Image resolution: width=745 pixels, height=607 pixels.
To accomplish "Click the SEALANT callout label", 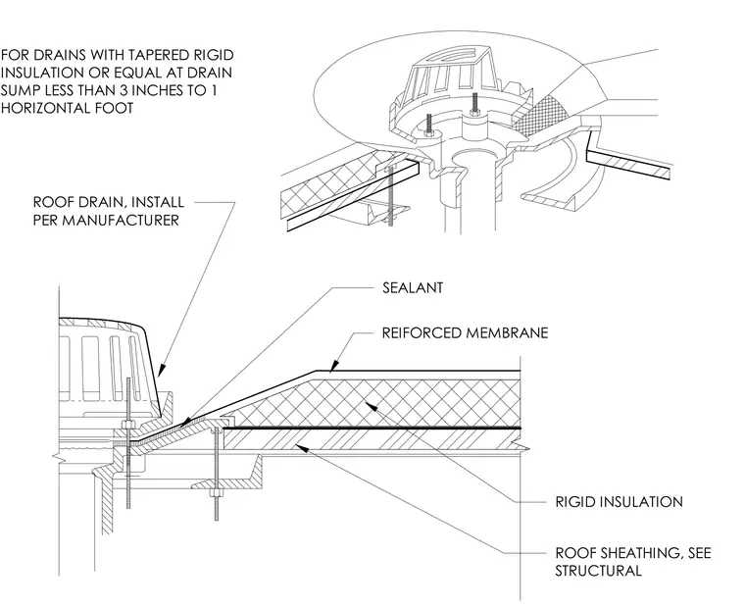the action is point(413,287).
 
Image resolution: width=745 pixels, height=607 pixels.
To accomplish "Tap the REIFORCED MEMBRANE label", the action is point(465,332).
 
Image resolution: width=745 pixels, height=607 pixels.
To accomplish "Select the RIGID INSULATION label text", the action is point(620,502).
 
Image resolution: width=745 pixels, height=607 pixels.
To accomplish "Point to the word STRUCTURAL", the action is point(598,571).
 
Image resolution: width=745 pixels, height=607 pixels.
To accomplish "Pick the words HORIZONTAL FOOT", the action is point(67,108).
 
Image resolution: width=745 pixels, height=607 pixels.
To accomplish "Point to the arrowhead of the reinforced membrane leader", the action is point(334,365).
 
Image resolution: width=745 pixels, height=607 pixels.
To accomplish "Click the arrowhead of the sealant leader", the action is point(186,423).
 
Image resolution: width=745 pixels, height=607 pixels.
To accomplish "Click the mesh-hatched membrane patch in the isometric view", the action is point(543,115).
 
